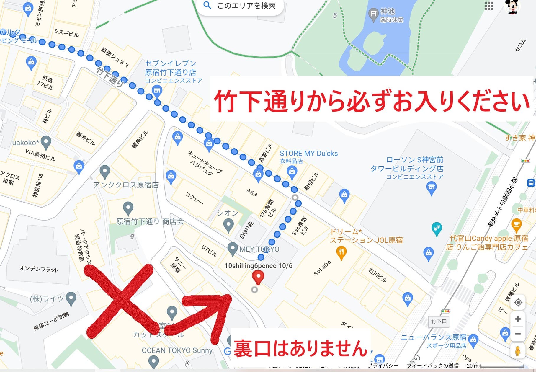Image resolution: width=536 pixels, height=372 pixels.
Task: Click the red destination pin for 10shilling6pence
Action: [x=258, y=277]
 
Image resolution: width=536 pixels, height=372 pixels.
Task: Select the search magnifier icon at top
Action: [x=207, y=5]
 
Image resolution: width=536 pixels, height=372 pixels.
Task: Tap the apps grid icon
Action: [x=489, y=6]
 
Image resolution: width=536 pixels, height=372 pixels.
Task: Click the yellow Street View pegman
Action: [x=517, y=351]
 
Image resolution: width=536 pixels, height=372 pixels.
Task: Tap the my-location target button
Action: [x=518, y=302]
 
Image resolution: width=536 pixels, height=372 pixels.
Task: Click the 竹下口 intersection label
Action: [x=439, y=321]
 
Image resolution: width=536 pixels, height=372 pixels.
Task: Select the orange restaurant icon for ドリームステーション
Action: [x=341, y=253]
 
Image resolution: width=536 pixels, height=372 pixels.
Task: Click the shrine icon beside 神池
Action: [x=373, y=14]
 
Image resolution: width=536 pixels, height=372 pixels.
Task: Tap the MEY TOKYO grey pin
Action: [x=233, y=249]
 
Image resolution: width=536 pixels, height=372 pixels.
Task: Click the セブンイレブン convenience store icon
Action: [x=157, y=90]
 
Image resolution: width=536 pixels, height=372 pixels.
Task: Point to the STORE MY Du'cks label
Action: [x=308, y=154]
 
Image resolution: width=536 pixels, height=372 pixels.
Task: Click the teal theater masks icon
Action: [x=437, y=228]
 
